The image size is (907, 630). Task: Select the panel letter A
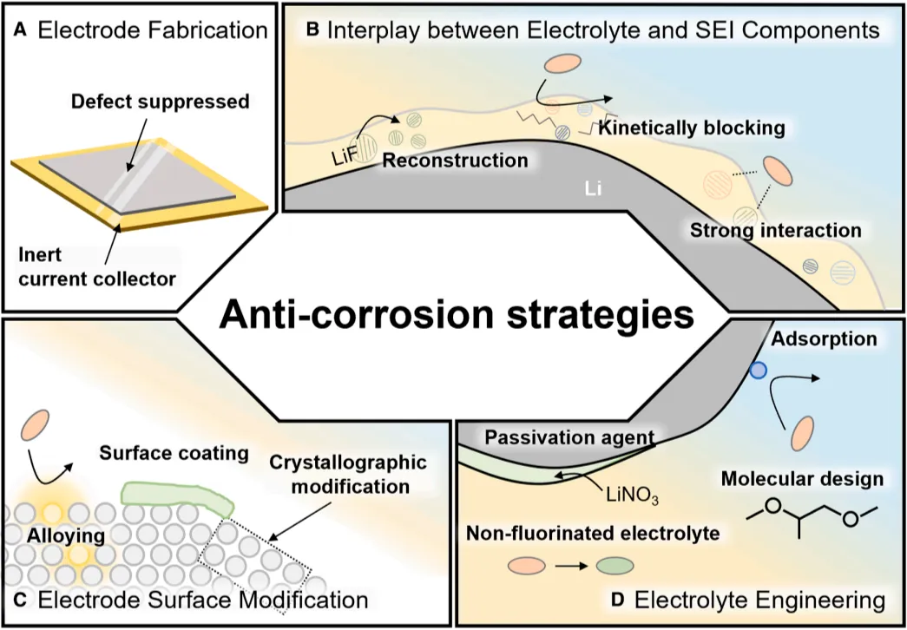21,31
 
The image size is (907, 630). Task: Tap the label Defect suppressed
160,102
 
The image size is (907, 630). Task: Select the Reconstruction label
455,161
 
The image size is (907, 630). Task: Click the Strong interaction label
775,230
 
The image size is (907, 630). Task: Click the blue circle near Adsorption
758,371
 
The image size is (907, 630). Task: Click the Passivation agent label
568,436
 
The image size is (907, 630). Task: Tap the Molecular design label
803,479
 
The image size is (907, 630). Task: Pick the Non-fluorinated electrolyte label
591,533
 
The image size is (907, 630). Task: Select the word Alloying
65,536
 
